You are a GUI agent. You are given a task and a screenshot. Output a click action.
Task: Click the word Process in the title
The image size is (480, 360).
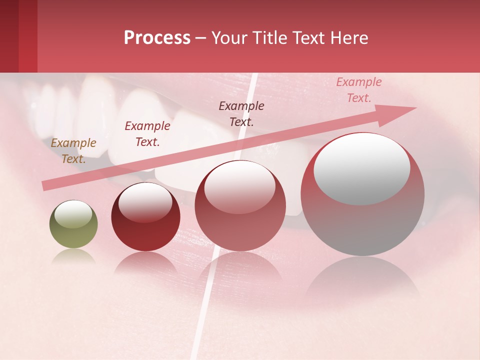(157, 38)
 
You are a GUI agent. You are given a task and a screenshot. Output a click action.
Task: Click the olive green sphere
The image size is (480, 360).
(73, 224)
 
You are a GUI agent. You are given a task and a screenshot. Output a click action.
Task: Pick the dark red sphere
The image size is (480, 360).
(145, 217)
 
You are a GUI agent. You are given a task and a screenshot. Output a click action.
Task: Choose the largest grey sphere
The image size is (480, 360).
(362, 194)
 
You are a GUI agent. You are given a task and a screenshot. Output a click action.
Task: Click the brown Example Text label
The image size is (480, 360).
(73, 150)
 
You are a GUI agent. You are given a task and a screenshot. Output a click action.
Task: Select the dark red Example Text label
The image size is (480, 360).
(147, 133)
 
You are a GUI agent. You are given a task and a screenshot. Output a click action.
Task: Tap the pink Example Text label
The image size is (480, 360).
(358, 89)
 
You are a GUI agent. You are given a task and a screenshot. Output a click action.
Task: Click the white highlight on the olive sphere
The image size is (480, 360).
(73, 214)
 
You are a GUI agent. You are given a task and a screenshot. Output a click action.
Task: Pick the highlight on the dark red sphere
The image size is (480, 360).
(145, 202)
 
